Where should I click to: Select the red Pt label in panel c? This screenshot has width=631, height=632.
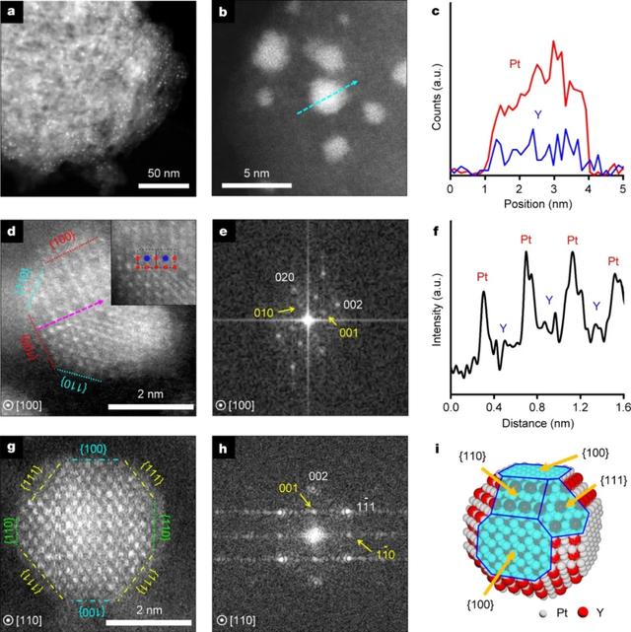pos(515,64)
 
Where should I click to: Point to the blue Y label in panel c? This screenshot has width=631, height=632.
pos(537,114)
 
